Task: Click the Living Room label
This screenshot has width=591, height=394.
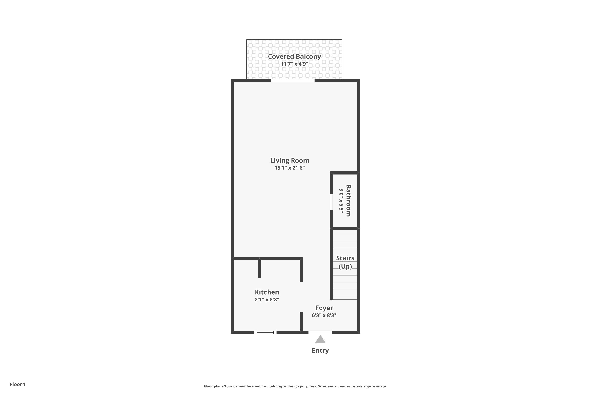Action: pyautogui.click(x=289, y=160)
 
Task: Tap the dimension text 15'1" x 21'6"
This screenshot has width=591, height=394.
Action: pyautogui.click(x=289, y=168)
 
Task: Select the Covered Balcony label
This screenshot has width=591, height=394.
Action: pyautogui.click(x=294, y=57)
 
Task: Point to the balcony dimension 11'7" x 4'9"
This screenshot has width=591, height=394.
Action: pyautogui.click(x=294, y=64)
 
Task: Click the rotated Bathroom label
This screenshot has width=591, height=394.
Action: pyautogui.click(x=348, y=201)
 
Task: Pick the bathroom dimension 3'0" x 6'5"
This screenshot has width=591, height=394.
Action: pyautogui.click(x=341, y=201)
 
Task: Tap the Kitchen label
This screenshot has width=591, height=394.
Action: pyautogui.click(x=267, y=292)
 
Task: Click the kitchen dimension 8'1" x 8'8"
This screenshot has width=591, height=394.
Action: pyautogui.click(x=267, y=299)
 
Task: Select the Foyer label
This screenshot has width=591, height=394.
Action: pyautogui.click(x=324, y=308)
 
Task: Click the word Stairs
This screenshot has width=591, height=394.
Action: pyautogui.click(x=345, y=258)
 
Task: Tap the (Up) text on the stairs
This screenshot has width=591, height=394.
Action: pyautogui.click(x=345, y=266)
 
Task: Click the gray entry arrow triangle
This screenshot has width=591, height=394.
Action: pyautogui.click(x=320, y=340)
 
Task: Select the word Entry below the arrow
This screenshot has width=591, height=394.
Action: pyautogui.click(x=320, y=350)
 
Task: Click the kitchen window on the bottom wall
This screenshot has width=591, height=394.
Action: pyautogui.click(x=265, y=332)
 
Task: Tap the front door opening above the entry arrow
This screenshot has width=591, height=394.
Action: pyautogui.click(x=320, y=332)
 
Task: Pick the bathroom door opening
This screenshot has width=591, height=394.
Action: pyautogui.click(x=331, y=202)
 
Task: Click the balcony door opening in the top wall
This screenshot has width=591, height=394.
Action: pyautogui.click(x=293, y=81)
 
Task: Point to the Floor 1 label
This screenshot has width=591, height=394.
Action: pyautogui.click(x=18, y=384)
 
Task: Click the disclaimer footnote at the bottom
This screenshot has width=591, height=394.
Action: pyautogui.click(x=295, y=386)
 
